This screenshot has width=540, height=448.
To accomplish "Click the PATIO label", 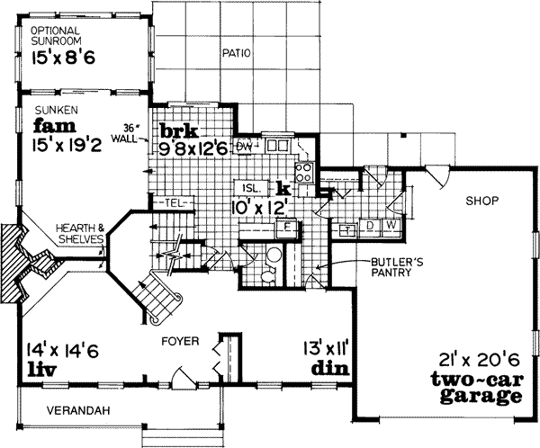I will (x=237, y=54).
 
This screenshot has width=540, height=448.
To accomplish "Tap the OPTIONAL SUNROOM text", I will (x=57, y=35).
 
